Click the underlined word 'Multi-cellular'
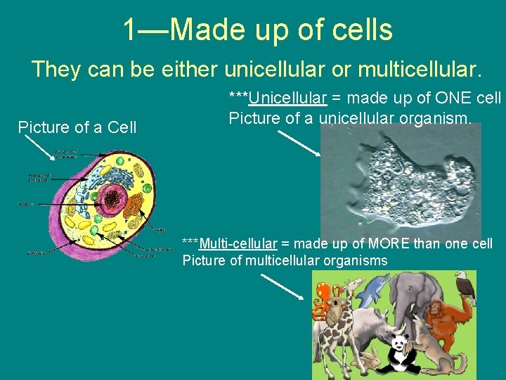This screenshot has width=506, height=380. click(x=238, y=244)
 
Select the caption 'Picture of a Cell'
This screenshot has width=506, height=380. click(x=77, y=127)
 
